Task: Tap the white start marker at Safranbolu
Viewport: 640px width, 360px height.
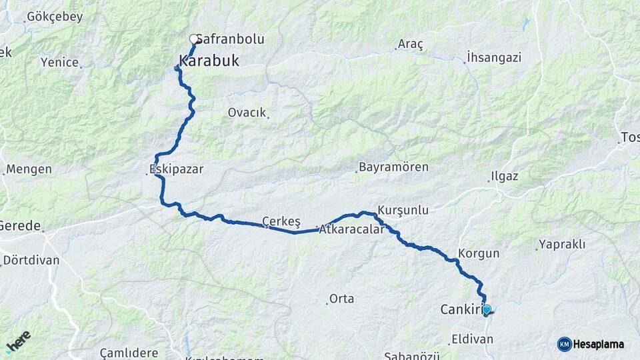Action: click(194, 39)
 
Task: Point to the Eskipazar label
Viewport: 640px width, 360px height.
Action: click(177, 169)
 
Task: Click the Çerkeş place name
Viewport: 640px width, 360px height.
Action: click(281, 221)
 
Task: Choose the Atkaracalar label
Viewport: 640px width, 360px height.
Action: click(352, 229)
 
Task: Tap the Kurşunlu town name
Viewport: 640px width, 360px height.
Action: click(403, 210)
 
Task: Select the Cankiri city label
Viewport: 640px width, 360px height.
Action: click(461, 309)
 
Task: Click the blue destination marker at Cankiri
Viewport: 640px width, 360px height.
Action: click(487, 309)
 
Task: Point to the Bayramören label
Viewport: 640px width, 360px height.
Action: click(393, 167)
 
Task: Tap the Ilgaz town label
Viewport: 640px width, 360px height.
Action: click(504, 177)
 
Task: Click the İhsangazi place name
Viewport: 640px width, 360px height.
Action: click(494, 57)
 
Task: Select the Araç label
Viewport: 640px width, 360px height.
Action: click(411, 45)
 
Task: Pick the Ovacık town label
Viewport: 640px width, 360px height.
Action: click(247, 112)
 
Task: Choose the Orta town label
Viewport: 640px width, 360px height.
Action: click(341, 299)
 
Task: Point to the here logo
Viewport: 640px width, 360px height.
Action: click(18, 342)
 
